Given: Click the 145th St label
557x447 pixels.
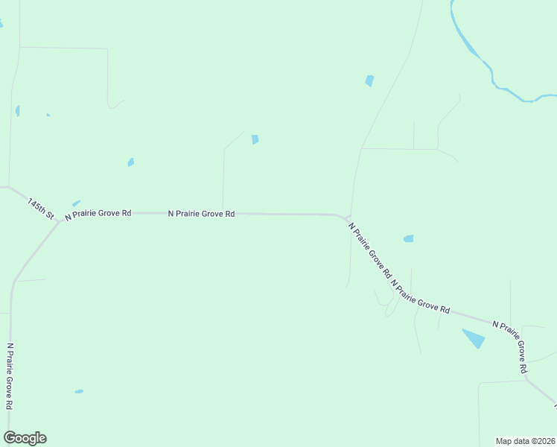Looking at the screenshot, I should [42, 208].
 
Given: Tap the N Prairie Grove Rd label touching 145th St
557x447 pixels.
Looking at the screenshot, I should [98, 214].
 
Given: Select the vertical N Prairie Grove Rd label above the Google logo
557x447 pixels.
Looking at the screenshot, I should [10, 376].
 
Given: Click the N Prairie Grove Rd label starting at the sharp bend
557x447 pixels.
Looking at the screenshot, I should [369, 249].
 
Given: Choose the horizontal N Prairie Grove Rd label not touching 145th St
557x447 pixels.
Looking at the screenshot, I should [201, 214].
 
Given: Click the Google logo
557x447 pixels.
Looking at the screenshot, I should [25, 438].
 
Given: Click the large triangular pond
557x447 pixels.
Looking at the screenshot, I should [474, 338].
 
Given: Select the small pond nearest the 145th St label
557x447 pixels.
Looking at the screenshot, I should [75, 203].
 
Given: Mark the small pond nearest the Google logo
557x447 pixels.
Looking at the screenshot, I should [79, 391].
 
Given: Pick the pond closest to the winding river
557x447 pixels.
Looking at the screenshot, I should [369, 80].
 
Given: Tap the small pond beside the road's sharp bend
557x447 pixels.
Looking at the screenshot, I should [408, 239].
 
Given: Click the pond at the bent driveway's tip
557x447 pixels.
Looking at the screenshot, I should [255, 139].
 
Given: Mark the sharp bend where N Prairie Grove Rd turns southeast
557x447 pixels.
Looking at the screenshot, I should [347, 217].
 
